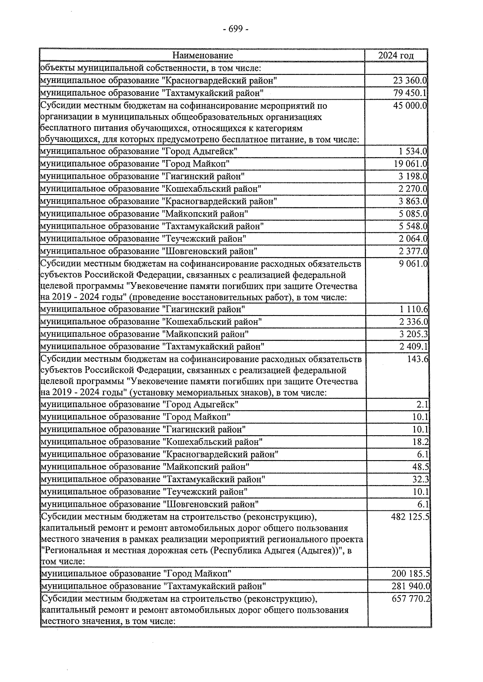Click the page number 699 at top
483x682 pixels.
point(236,29)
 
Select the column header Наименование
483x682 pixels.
point(202,55)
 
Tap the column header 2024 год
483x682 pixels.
point(396,55)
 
